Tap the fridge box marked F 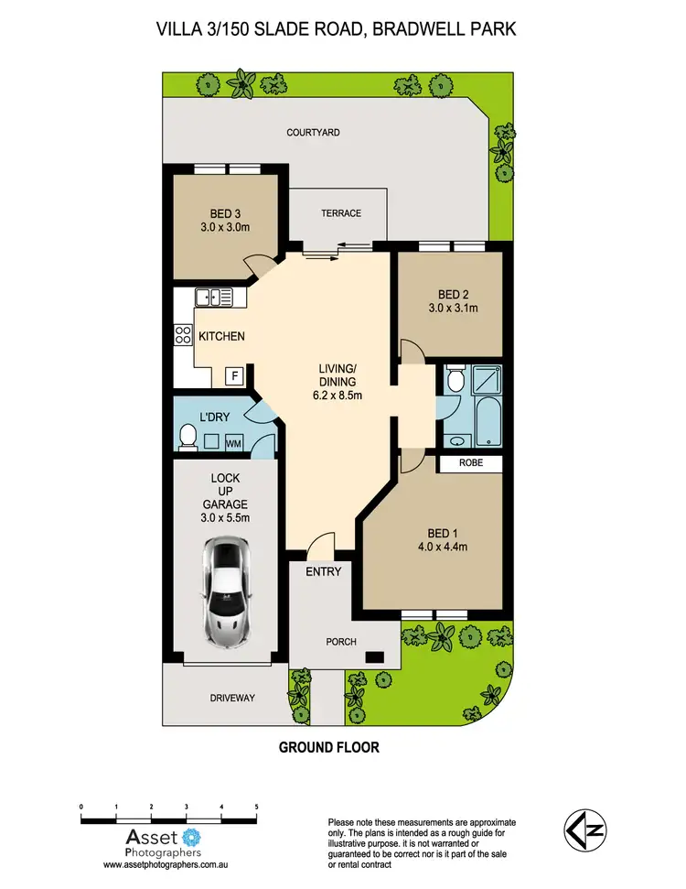click(234, 375)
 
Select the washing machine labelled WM click(234, 444)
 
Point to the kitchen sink click(212, 296)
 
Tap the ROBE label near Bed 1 click(471, 464)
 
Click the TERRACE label click(340, 213)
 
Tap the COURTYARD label click(313, 133)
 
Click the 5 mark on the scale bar click(256, 807)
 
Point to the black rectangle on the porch click(373, 656)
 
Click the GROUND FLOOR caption click(328, 747)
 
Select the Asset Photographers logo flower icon click(191, 835)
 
